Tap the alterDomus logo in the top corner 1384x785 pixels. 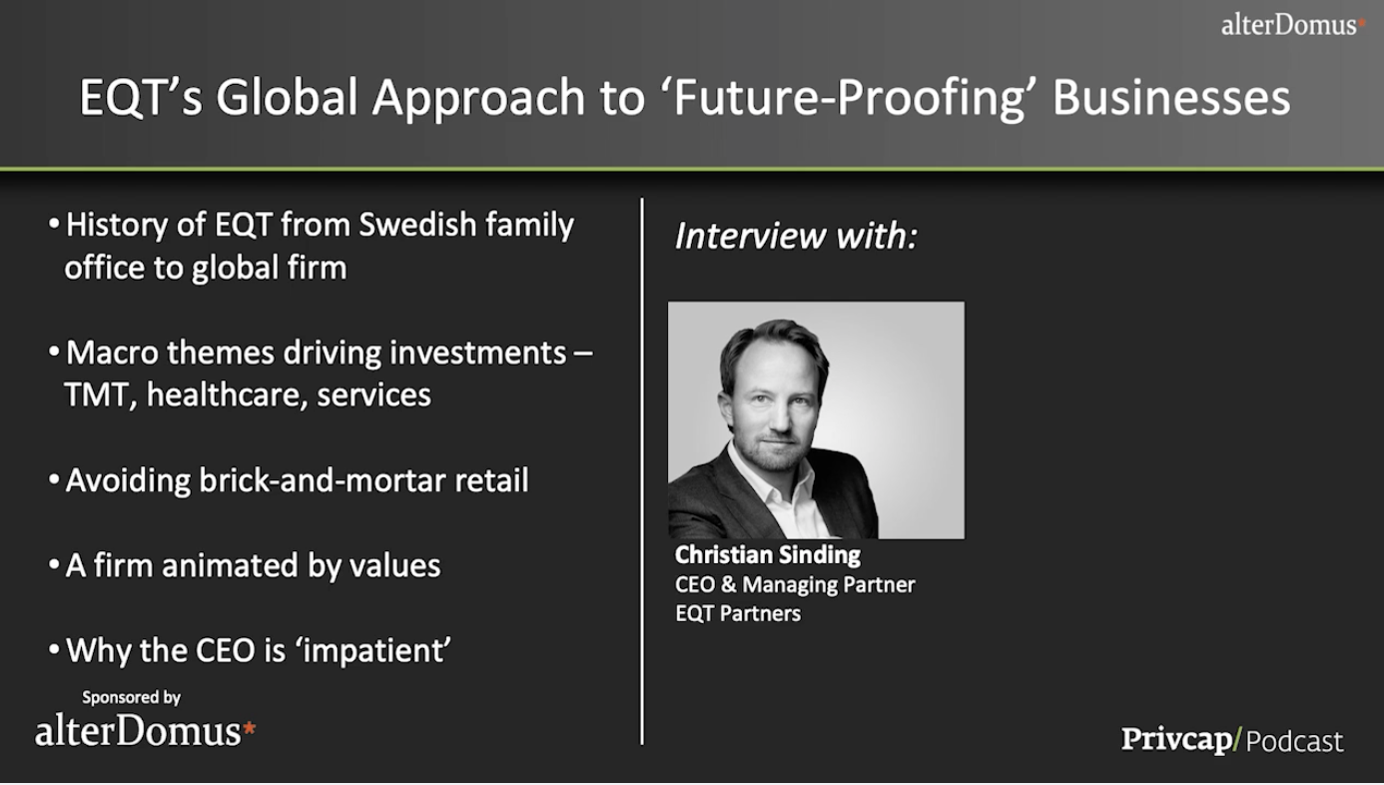1293,25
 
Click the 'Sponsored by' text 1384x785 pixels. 131,698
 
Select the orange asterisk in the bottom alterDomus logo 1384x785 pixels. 249,727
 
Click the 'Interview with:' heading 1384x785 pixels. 796,236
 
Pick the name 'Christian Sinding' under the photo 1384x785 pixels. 767,555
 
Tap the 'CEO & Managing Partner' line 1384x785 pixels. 795,584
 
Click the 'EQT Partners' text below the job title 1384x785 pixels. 738,614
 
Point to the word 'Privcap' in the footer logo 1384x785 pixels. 1177,739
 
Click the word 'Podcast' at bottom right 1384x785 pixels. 1294,740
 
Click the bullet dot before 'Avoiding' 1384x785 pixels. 54,479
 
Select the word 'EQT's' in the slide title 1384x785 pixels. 141,98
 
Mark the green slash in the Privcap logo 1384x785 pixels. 1237,739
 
